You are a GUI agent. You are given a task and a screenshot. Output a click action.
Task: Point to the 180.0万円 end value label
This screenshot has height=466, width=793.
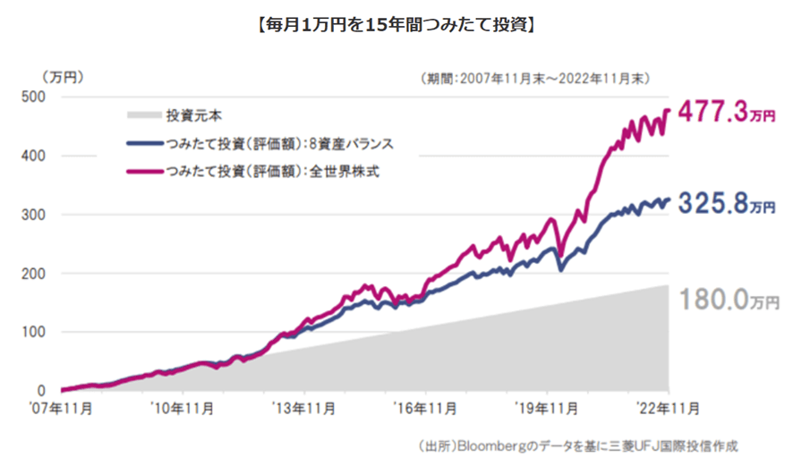point(728,299)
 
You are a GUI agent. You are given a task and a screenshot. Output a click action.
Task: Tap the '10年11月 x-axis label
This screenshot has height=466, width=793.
point(182,409)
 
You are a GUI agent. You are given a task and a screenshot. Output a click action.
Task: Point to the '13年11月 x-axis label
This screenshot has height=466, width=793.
point(304,409)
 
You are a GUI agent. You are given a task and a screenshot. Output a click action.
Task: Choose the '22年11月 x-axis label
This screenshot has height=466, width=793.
point(667,409)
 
